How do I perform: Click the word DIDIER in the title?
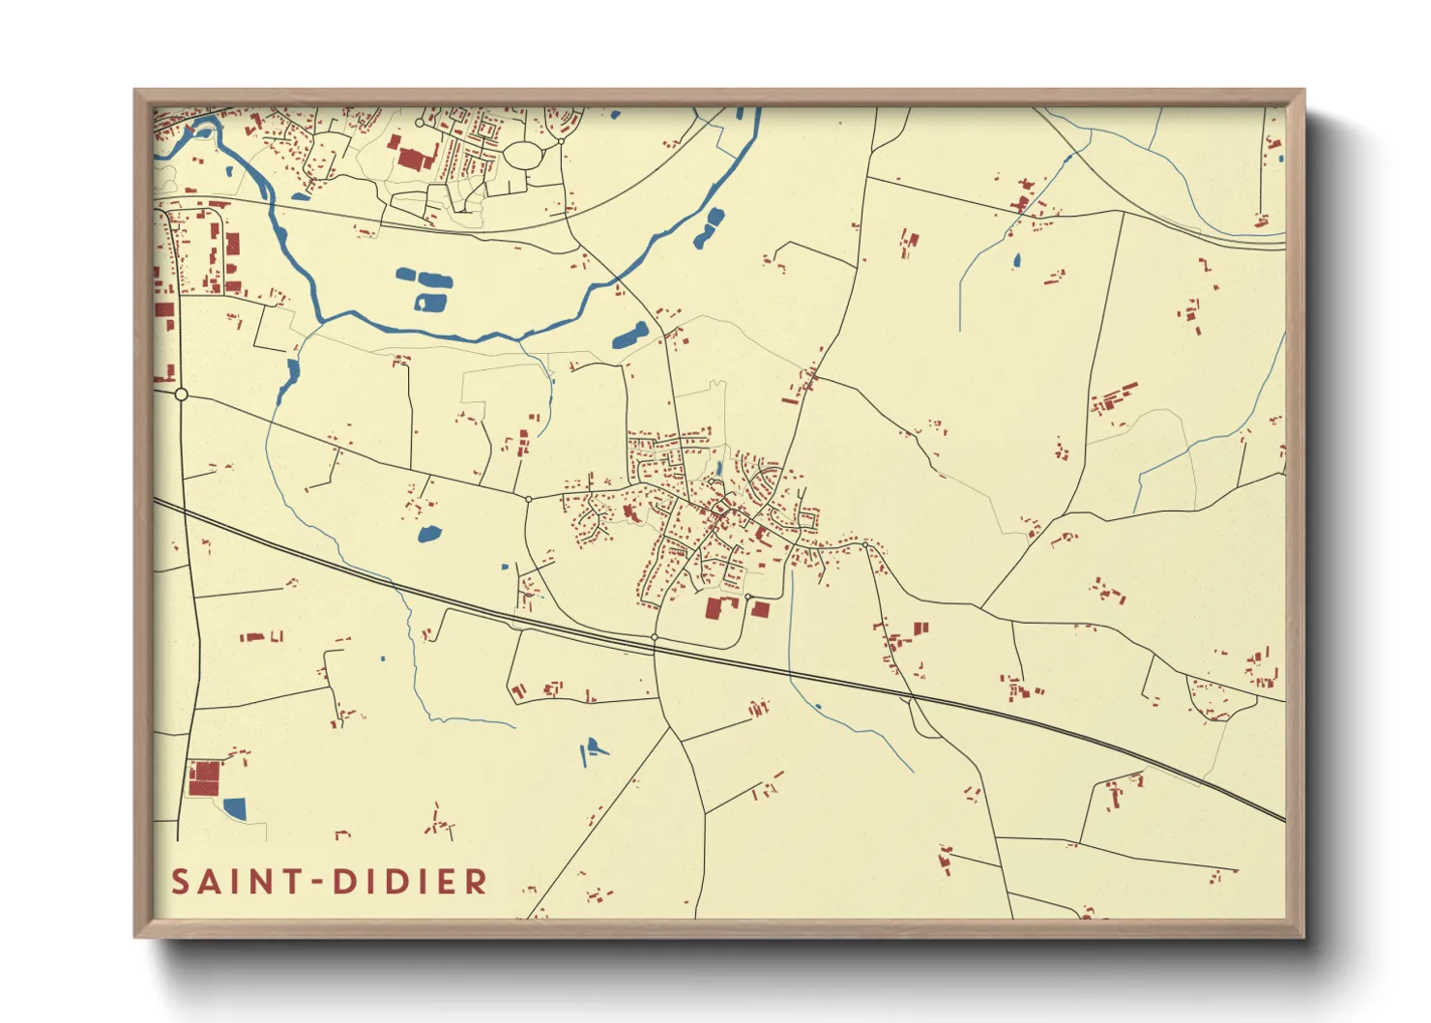pos(410,882)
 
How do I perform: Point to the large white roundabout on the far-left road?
pos(181,395)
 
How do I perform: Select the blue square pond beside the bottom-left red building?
pos(234,807)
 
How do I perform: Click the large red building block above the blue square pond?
pos(204,778)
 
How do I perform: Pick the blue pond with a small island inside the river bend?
pos(430,303)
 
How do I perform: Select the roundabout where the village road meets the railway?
pos(655,637)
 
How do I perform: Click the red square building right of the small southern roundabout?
pos(761,609)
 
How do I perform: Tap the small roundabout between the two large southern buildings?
pos(747,597)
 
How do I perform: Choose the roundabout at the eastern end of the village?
pos(865,546)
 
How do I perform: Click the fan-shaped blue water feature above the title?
pos(591,749)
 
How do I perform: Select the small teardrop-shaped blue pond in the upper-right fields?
pos(1015,260)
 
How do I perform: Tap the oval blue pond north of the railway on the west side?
pos(427,533)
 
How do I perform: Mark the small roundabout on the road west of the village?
pos(528,499)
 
